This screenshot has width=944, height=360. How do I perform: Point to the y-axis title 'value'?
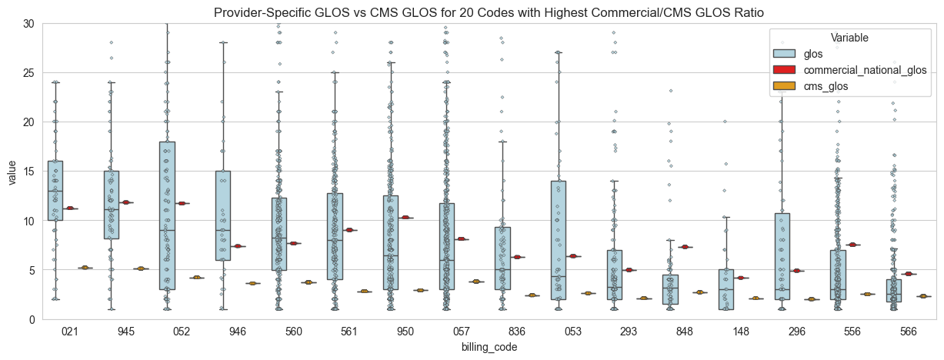coord(12,172)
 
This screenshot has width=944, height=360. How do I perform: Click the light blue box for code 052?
coord(167,215)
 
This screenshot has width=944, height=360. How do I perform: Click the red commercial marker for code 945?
coord(126,202)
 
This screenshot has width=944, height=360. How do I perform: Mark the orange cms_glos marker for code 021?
coord(84,268)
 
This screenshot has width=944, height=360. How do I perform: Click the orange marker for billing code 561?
coord(364,292)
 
